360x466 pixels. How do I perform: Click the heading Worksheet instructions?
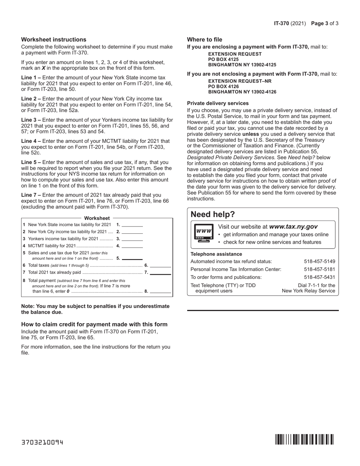[53, 39]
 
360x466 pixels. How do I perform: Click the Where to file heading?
[205, 39]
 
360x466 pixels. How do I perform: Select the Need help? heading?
[213, 214]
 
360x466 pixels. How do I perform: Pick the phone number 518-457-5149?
[319, 261]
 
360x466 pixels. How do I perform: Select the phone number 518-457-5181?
[319, 269]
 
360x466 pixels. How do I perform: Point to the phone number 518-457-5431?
[319, 277]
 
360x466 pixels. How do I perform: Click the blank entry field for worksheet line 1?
[132, 225]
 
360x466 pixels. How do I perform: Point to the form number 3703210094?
[42, 442]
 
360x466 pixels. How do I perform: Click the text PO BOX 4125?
[224, 59]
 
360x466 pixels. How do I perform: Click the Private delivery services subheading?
[218, 103]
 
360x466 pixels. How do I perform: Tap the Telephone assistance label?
[216, 254]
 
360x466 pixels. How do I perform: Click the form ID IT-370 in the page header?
[282, 23]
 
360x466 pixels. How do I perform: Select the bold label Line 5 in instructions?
[31, 162]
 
